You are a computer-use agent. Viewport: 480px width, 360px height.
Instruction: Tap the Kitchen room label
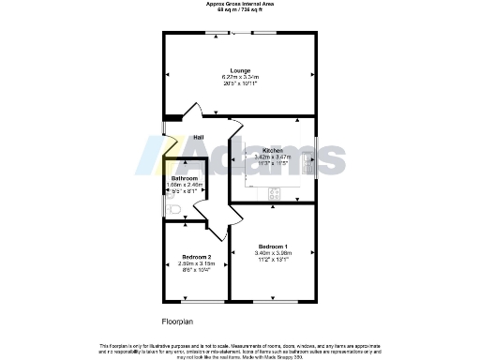[x=273, y=150]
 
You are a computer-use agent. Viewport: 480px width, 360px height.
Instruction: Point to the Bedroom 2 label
[x=196, y=257]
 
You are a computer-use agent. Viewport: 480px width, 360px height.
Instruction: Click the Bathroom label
[x=184, y=178]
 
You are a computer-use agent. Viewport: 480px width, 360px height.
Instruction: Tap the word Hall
[x=199, y=138]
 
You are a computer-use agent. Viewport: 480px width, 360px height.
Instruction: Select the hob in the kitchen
[x=276, y=194]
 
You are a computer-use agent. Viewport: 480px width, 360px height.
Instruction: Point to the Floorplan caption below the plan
[x=176, y=322]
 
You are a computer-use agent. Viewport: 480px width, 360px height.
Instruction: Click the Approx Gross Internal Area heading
[x=239, y=4]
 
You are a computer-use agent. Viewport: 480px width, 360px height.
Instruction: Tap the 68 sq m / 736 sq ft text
[x=239, y=9]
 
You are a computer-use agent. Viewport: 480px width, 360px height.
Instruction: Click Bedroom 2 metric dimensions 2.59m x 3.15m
[x=196, y=263]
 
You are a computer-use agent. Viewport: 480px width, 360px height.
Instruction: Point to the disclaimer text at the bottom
[x=239, y=349]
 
